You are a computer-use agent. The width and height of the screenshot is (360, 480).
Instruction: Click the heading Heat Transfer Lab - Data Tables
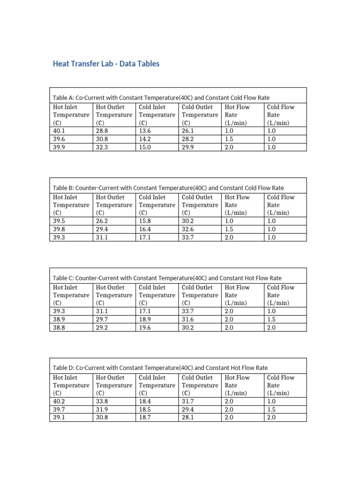106,64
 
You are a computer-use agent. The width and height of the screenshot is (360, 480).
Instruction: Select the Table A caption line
161,97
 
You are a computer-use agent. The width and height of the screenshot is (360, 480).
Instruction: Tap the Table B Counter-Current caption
168,188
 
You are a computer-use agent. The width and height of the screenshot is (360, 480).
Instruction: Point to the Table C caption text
167,278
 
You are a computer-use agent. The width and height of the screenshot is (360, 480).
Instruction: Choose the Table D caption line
160,368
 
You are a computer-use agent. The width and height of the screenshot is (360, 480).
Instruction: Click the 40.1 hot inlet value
60,131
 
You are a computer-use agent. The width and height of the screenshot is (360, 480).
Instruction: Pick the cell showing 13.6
146,131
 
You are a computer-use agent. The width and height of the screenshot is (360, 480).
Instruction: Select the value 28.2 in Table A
188,139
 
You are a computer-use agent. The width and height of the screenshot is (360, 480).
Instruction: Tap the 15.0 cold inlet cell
146,147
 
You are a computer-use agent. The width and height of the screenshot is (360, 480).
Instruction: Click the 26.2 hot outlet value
102,221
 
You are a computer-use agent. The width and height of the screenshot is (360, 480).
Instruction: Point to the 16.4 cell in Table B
146,229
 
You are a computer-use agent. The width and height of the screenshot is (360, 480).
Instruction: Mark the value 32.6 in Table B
188,229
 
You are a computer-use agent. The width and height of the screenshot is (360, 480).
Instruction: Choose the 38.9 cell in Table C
60,320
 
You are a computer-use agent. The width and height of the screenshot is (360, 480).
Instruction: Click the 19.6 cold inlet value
146,328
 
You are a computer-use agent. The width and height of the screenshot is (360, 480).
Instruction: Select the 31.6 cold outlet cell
188,320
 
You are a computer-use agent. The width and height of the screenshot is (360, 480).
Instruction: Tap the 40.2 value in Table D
60,402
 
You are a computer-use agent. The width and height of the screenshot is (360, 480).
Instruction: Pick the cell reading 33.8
102,402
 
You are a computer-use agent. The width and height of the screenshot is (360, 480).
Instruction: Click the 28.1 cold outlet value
188,418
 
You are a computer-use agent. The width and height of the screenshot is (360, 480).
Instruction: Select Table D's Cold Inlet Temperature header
157,385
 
